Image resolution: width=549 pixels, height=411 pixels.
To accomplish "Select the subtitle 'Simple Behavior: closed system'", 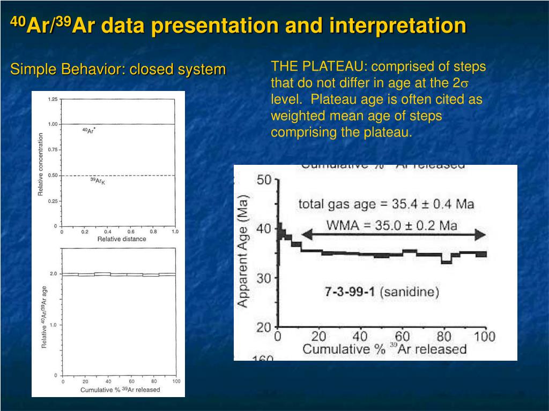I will (x=118, y=70).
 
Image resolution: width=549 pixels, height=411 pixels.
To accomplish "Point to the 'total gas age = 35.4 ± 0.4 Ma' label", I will (x=386, y=204).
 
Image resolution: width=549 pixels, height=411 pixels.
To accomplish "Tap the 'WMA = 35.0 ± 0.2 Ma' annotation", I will (x=392, y=225).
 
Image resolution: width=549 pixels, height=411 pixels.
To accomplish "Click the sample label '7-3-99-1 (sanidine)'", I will (x=382, y=292).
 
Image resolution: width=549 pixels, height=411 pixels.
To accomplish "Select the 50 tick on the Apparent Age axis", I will (x=264, y=180).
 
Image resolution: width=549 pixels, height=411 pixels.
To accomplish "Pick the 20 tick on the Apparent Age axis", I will (x=264, y=327).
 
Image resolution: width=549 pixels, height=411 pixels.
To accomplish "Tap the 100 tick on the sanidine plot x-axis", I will (x=484, y=337).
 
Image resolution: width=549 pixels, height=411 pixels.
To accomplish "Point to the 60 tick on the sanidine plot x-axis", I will (x=402, y=337).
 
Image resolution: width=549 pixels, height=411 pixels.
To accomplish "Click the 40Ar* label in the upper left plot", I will (x=89, y=131).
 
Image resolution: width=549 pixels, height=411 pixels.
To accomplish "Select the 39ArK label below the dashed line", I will (x=98, y=181).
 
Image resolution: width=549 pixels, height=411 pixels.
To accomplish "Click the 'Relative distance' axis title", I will (x=121, y=239).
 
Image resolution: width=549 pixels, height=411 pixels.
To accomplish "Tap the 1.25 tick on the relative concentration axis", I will (x=53, y=100).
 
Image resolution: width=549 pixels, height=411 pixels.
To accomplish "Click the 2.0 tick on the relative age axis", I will (x=54, y=274).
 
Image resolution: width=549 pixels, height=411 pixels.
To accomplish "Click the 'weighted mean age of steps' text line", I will (x=357, y=116).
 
